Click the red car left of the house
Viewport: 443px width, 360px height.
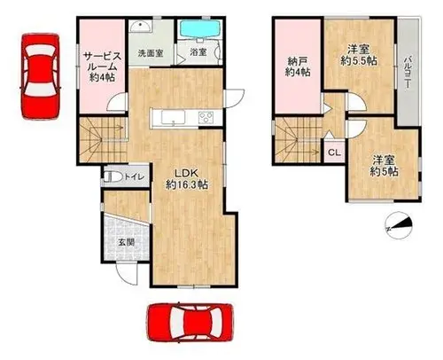(41, 76)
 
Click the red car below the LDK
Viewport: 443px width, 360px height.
(191, 323)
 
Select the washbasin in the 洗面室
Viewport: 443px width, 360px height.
(141, 27)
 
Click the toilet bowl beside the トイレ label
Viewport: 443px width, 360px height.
(113, 176)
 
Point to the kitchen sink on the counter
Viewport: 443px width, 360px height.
(173, 117)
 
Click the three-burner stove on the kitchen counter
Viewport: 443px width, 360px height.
(206, 117)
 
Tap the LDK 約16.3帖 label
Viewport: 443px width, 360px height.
(187, 179)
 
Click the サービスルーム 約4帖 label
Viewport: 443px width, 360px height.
(102, 67)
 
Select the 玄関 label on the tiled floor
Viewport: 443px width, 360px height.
(127, 242)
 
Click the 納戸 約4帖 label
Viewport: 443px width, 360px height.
(298, 67)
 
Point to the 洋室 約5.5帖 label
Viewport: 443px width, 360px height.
(359, 55)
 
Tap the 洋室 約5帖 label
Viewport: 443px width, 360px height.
(384, 166)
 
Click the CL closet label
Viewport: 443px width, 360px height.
(335, 153)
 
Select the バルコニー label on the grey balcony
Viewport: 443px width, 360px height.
(408, 73)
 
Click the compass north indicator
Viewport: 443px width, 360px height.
(399, 225)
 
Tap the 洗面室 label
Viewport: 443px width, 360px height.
(151, 53)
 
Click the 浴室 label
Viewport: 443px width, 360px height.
(198, 52)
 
